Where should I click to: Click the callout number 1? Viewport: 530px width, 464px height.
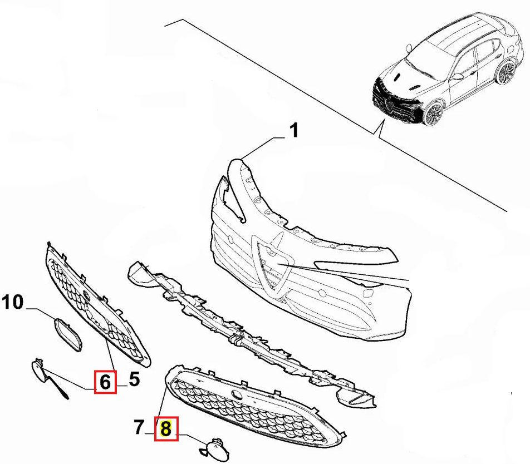pyautogui.click(x=295, y=130)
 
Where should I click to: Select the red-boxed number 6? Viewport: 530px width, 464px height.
pyautogui.click(x=105, y=382)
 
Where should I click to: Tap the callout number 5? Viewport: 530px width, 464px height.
pyautogui.click(x=134, y=379)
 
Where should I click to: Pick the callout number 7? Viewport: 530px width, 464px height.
pyautogui.click(x=139, y=427)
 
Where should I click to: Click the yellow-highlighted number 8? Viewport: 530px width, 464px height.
pyautogui.click(x=166, y=429)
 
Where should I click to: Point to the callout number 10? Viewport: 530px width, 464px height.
pyautogui.click(x=13, y=302)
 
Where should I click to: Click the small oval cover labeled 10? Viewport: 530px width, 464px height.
pyautogui.click(x=68, y=335)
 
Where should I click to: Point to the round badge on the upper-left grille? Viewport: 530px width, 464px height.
pyautogui.click(x=86, y=295)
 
